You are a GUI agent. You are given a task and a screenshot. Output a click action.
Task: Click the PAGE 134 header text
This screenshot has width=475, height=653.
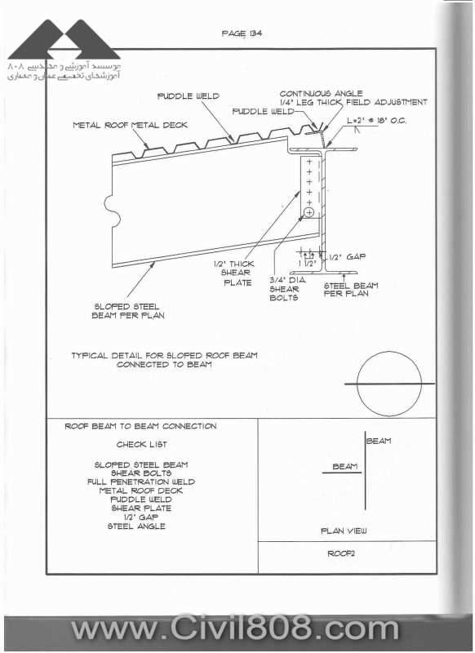(x=242, y=33)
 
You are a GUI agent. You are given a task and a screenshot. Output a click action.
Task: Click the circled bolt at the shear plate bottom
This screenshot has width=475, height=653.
(x=309, y=213)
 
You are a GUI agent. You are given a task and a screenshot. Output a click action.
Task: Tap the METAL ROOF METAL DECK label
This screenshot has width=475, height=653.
(x=130, y=125)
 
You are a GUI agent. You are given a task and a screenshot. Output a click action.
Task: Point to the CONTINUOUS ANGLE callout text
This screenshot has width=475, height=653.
(x=321, y=94)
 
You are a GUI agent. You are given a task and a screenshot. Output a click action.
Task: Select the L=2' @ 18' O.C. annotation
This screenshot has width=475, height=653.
(x=377, y=121)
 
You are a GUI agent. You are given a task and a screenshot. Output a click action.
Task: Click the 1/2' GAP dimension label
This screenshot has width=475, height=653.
(x=347, y=257)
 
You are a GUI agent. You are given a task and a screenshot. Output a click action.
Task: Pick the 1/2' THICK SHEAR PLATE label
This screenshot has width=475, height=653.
(x=233, y=273)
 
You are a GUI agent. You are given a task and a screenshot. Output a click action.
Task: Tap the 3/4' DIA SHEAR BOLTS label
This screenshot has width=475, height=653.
(x=287, y=289)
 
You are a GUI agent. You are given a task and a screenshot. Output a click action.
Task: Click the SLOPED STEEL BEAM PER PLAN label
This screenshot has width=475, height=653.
(x=128, y=311)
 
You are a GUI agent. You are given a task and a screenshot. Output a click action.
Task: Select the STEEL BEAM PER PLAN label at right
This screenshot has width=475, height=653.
(x=351, y=290)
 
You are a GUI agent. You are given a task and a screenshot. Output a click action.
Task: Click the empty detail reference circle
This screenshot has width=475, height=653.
(x=389, y=384)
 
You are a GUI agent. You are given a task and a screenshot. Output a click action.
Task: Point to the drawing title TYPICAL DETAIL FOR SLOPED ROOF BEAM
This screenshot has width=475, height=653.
(x=164, y=356)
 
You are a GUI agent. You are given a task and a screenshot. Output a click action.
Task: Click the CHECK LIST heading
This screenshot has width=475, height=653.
(x=142, y=444)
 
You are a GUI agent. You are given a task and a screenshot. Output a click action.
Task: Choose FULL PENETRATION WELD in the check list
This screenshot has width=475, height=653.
(x=141, y=482)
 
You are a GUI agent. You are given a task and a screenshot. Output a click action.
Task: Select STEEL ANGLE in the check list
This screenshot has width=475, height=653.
(x=136, y=526)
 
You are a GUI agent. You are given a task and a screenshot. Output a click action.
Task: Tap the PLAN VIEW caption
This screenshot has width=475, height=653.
(x=344, y=531)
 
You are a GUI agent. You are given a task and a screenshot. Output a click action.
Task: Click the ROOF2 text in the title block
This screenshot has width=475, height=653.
(x=341, y=553)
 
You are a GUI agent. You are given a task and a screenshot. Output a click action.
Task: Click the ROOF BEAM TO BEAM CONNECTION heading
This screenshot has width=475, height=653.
(x=140, y=426)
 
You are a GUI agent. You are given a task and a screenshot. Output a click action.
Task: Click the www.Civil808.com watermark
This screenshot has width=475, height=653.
(x=235, y=628)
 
